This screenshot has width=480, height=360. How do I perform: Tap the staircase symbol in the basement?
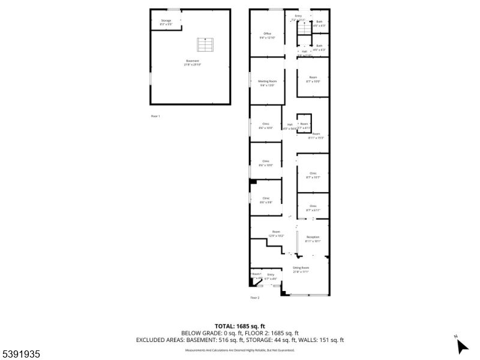pyautogui.click(x=205, y=46)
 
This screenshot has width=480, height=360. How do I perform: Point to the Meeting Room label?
pyautogui.click(x=268, y=83)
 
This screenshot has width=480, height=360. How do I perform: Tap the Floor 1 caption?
pyautogui.click(x=155, y=116)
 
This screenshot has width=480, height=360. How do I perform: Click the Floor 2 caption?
pyautogui.click(x=254, y=298)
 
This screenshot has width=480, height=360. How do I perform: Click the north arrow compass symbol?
pyautogui.click(x=461, y=345)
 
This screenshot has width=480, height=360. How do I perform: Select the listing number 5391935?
pyautogui.click(x=20, y=355)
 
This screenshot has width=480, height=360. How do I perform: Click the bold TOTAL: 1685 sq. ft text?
pyautogui.click(x=239, y=326)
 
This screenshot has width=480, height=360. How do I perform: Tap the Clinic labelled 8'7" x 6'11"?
pyautogui.click(x=313, y=208)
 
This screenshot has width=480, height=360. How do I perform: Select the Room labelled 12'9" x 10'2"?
pyautogui.click(x=275, y=233)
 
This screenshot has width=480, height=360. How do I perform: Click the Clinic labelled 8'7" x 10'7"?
pyautogui.click(x=313, y=175)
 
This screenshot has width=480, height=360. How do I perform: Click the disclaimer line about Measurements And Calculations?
pyautogui.click(x=239, y=350)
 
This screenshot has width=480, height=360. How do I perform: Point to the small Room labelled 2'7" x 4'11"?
pyautogui.click(x=304, y=125)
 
